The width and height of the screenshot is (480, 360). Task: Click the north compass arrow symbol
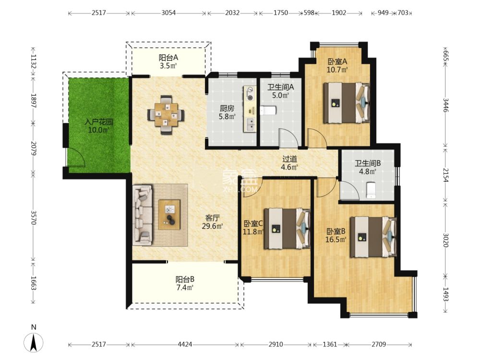[x=34, y=342]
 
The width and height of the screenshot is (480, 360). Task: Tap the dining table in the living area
[x=166, y=115]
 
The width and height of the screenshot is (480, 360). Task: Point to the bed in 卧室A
[x=347, y=103]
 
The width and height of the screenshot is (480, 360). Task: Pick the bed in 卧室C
[x=287, y=228]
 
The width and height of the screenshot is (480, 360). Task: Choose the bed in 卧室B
[x=373, y=237]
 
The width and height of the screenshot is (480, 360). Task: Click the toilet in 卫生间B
[x=371, y=190]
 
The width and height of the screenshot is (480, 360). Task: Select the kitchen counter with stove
[x=250, y=109]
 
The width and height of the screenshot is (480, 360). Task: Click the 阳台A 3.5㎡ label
[x=168, y=61]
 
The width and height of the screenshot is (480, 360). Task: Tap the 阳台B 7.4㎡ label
[x=185, y=284]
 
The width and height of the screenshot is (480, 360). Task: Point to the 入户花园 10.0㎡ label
[x=98, y=126]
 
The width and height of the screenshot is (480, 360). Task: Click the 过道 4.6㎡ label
[x=289, y=163]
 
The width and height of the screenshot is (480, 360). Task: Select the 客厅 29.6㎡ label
[x=212, y=222]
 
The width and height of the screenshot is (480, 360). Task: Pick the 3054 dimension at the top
[x=168, y=13]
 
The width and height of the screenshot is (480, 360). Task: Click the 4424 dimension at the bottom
[x=185, y=344]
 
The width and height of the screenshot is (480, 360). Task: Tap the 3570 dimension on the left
[x=34, y=217]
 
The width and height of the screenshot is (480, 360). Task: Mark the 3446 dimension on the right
[x=446, y=105]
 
